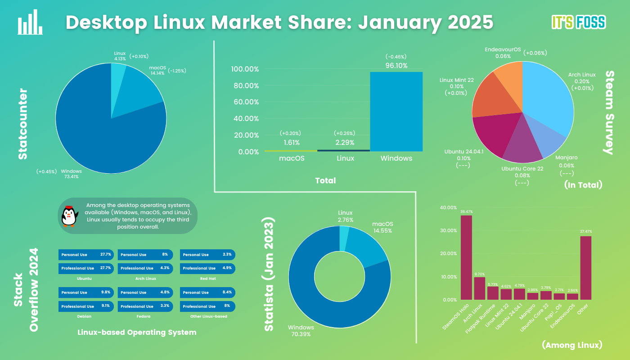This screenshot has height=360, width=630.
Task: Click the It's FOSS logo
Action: click(x=579, y=22)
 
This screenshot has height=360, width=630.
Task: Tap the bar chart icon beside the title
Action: click(x=30, y=22)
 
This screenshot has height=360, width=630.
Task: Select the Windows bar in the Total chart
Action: click(x=396, y=112)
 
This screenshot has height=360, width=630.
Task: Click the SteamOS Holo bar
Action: click(x=466, y=257)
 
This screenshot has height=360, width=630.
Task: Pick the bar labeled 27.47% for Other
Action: click(x=585, y=268)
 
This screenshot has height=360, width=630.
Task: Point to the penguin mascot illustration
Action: click(x=69, y=216)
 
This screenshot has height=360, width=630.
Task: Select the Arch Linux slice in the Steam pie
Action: click(x=549, y=95)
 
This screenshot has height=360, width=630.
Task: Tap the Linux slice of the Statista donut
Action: click(x=344, y=238)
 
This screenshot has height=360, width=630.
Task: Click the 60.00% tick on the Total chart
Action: click(x=246, y=102)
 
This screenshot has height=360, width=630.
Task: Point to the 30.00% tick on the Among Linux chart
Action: click(x=448, y=230)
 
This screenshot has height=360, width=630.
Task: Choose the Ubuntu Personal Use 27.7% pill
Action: click(x=86, y=255)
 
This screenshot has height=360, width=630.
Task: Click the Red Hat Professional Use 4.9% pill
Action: click(x=207, y=268)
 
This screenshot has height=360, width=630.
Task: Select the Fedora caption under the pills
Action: click(x=144, y=316)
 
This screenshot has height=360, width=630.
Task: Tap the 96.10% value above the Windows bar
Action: click(x=396, y=66)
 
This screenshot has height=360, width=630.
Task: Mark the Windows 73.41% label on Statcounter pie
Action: click(x=71, y=174)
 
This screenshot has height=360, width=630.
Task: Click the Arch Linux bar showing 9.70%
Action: click(x=480, y=288)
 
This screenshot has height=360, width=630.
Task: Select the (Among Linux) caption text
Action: click(x=572, y=345)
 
